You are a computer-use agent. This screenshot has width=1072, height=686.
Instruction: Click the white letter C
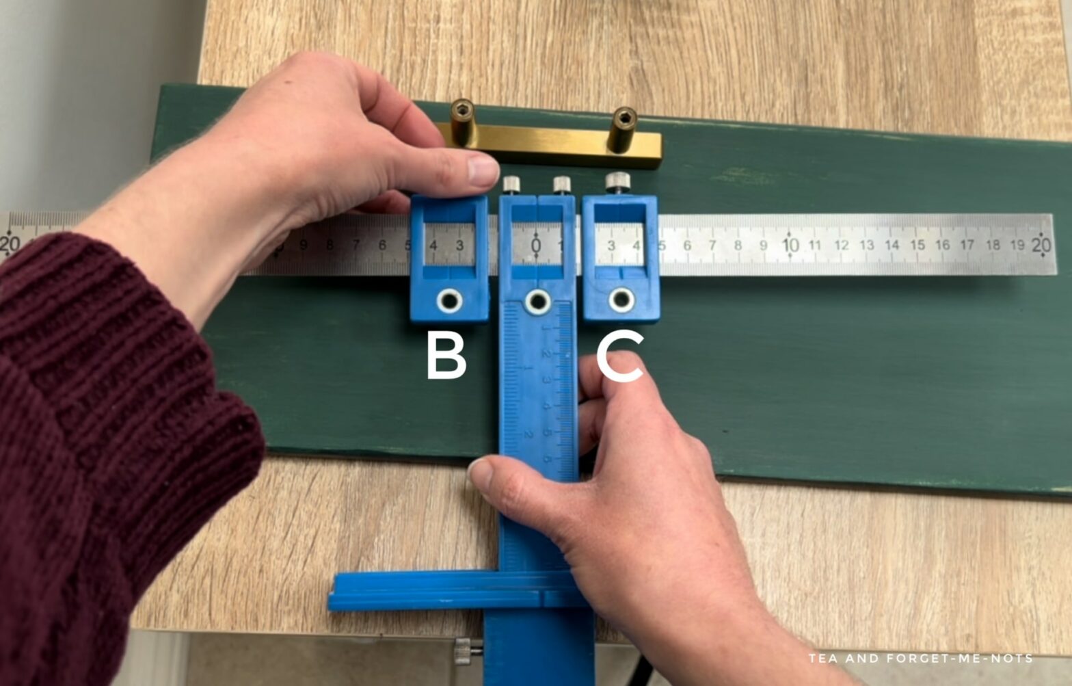point(619,356)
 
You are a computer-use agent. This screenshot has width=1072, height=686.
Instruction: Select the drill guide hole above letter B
point(449,300)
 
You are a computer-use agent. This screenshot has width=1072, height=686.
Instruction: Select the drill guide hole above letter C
point(621,299)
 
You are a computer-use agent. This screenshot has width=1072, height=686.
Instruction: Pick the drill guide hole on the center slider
point(538,301)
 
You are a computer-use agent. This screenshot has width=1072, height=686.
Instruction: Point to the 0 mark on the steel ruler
point(536,244)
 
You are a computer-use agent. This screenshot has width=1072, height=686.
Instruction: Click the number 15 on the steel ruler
point(917,245)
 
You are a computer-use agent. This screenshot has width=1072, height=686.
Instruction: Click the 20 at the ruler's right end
point(1041,244)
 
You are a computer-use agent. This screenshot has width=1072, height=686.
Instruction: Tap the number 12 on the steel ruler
point(841,245)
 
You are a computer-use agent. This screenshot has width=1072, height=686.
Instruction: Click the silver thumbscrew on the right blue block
point(617,182)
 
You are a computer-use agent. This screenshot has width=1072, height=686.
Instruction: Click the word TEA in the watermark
point(823,659)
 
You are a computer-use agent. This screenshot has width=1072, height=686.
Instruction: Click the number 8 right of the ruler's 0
point(738,245)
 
